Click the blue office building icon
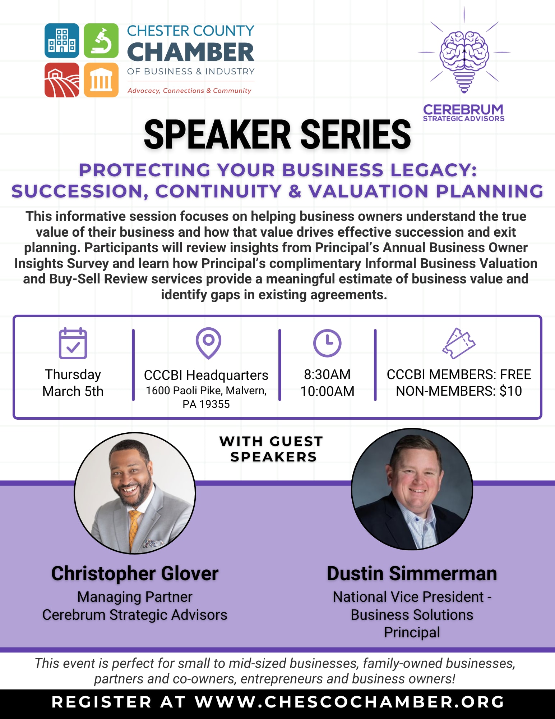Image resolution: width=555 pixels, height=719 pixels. [62, 41]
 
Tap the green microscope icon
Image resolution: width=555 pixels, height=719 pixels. [101, 41]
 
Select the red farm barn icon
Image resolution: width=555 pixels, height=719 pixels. [62, 80]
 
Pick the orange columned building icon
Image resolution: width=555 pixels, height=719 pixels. [101, 80]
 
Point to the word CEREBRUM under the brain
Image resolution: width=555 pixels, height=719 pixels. [463, 109]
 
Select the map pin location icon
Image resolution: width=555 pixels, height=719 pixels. [208, 343]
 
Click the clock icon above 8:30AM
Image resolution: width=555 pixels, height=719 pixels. [327, 343]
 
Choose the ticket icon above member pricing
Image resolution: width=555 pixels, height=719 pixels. [459, 343]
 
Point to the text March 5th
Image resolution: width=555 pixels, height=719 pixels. [73, 391]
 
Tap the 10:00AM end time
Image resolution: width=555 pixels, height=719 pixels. [327, 391]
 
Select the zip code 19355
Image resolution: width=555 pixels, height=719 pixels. [214, 404]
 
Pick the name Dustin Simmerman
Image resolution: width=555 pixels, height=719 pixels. [412, 574]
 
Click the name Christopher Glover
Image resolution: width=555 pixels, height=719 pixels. [135, 574]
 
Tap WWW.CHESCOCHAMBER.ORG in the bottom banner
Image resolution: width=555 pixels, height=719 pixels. [350, 702]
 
